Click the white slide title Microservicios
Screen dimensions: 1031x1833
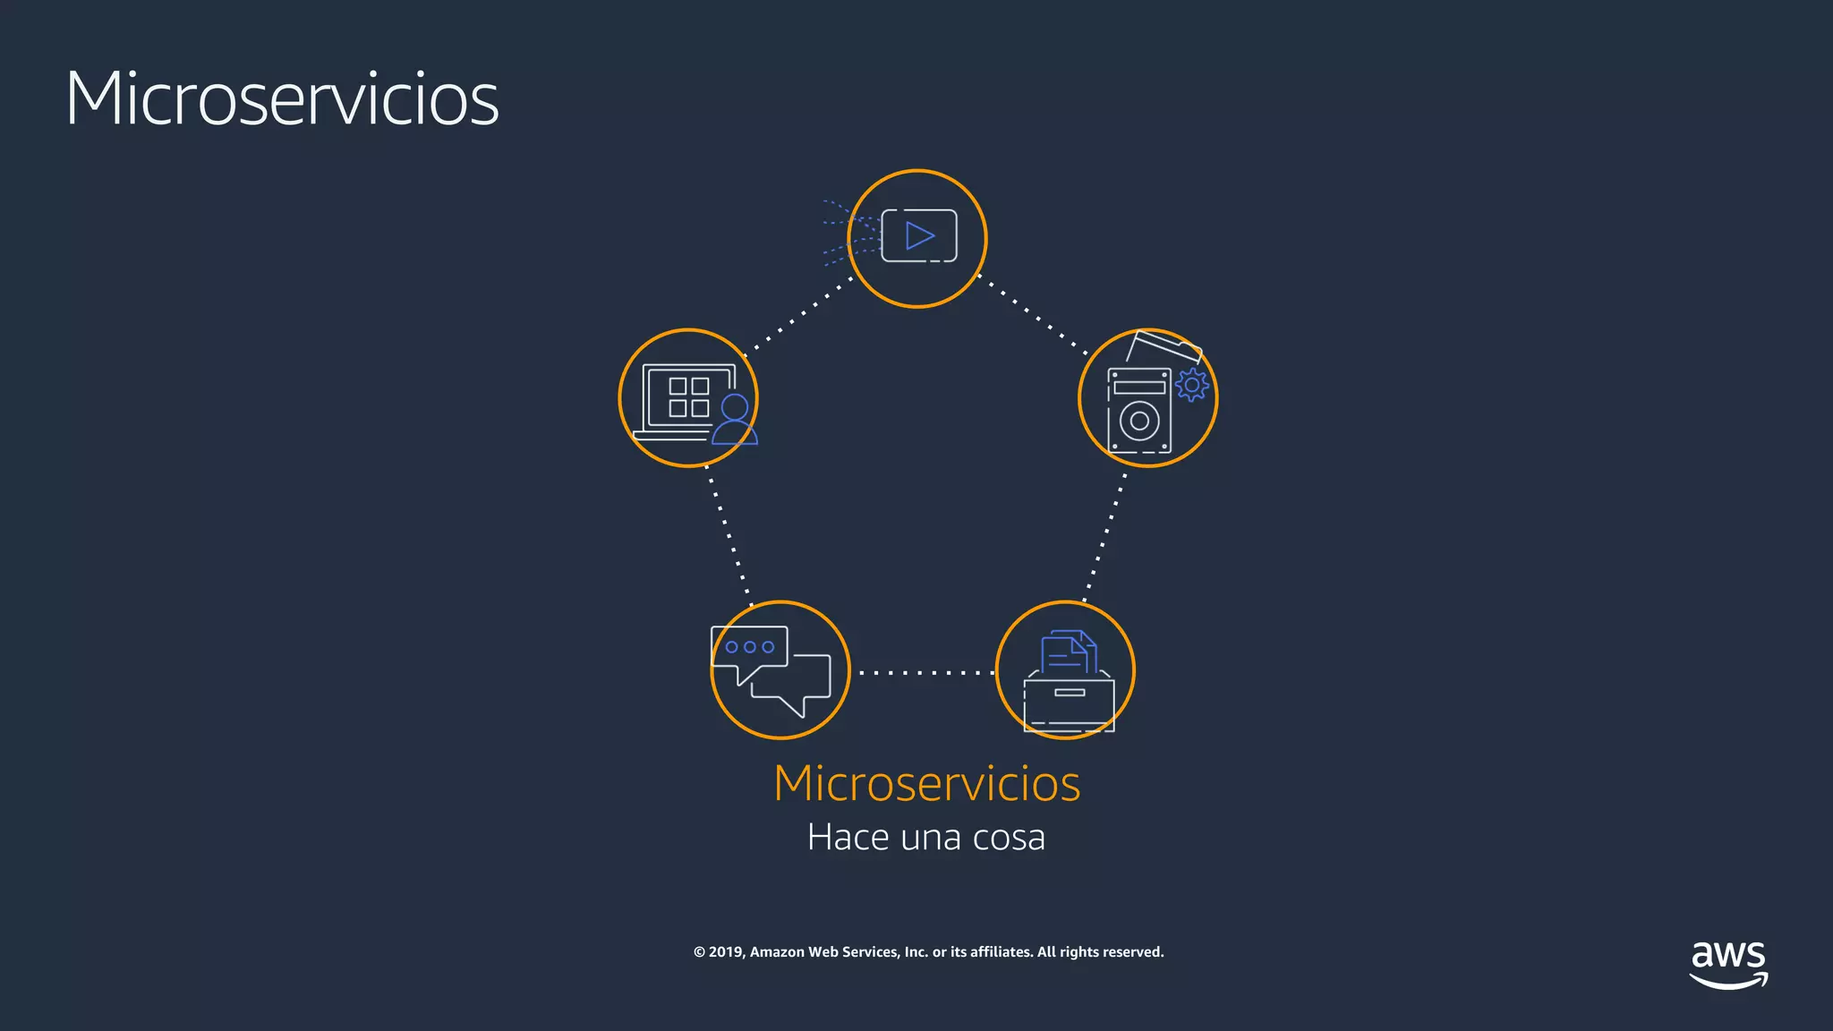pos(282,98)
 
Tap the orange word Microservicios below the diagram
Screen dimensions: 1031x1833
pos(926,783)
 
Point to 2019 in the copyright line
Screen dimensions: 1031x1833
pos(726,952)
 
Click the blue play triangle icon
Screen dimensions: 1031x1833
pos(919,236)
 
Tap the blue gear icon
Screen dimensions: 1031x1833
pos(1191,385)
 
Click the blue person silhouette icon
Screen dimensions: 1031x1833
pos(735,420)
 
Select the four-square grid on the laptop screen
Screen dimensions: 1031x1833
pos(689,397)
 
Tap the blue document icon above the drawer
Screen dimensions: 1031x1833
pos(1068,652)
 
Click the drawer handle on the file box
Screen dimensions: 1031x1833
pos(1070,693)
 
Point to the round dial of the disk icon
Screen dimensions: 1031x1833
pos(1139,422)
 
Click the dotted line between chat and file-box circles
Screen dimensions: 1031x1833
pos(924,672)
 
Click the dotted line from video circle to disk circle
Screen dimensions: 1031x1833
pos(1034,317)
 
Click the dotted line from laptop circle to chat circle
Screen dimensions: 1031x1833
pos(729,535)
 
